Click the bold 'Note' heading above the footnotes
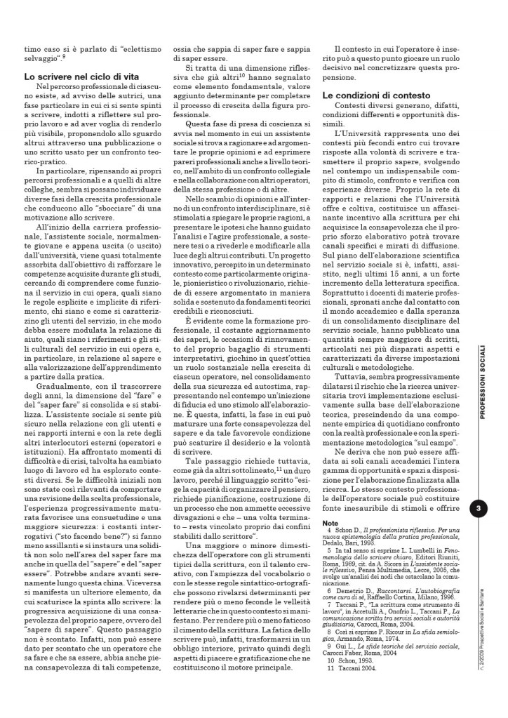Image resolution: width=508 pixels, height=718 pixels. [330, 523]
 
